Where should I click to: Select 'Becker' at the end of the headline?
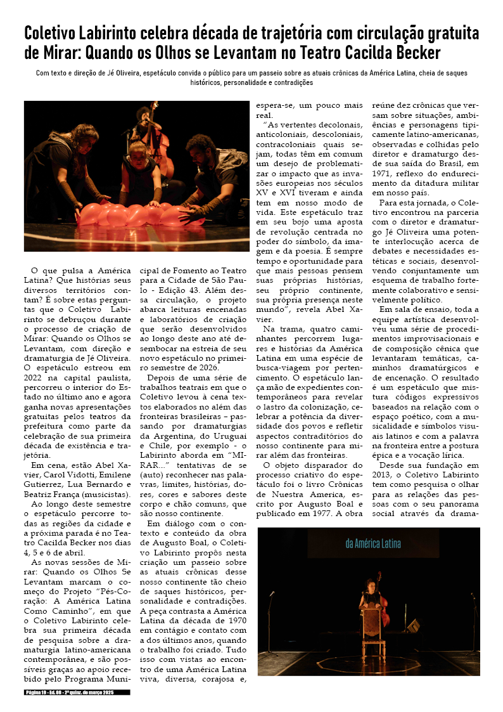click(417, 53)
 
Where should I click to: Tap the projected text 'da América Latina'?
click(373, 543)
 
